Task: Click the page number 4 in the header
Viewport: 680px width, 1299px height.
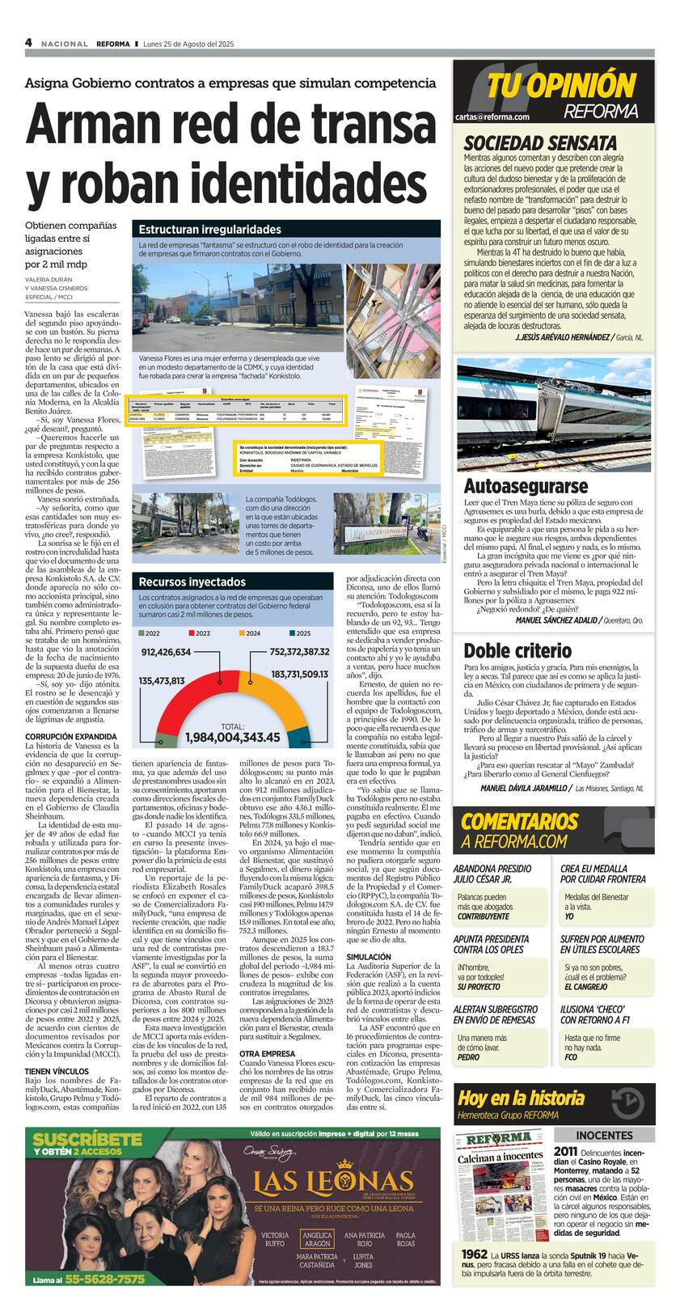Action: click(28, 43)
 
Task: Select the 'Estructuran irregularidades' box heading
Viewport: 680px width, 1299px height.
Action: click(209, 230)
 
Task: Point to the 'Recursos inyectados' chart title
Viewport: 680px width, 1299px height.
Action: click(192, 582)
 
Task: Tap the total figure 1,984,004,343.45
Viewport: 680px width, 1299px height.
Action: click(232, 737)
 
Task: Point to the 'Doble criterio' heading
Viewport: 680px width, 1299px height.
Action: click(517, 650)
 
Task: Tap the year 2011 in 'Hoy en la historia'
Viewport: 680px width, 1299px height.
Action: click(566, 1151)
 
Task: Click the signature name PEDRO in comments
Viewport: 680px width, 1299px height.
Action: click(468, 1057)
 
